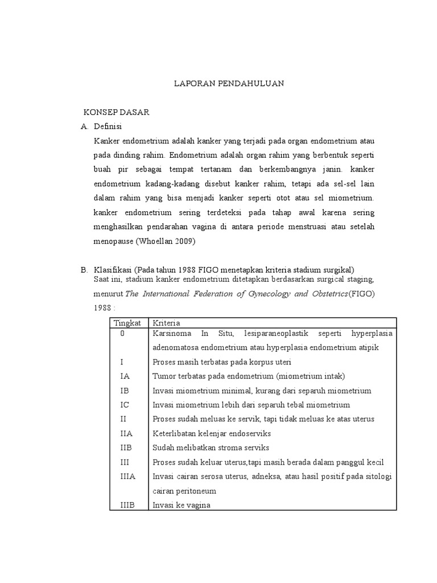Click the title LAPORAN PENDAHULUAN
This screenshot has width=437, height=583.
228,83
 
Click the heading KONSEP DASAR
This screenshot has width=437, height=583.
117,112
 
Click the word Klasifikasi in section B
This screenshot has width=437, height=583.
113,269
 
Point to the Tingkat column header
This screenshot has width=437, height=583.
127,322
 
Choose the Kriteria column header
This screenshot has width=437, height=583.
166,322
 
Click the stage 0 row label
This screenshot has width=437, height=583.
122,334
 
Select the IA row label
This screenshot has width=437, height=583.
125,376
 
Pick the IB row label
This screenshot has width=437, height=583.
125,391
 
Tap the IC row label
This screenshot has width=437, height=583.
125,405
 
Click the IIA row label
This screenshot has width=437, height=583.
126,433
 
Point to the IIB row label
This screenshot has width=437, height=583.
126,447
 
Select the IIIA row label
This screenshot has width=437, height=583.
128,476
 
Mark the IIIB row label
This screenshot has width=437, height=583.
127,504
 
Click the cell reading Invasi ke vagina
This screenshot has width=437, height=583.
181,504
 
